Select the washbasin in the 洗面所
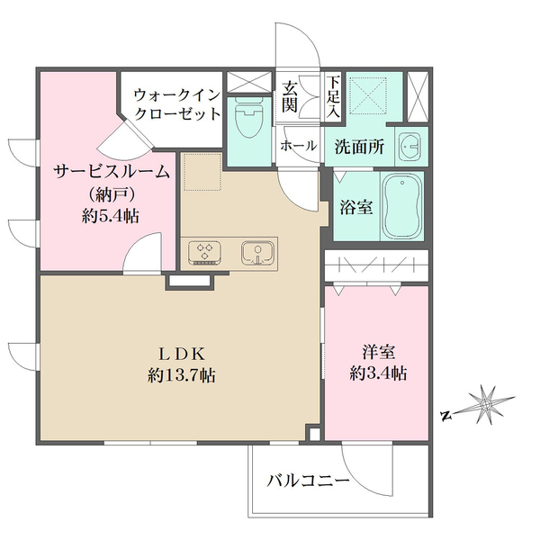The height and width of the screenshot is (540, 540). coord(409,145)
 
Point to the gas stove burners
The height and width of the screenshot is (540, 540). coord(204,252)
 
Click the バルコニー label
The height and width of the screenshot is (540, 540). coord(308,482)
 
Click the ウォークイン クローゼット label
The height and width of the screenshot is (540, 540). coord(177,103)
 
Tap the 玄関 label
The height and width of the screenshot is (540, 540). coord(291,96)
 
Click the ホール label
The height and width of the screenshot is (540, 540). coord(298,145)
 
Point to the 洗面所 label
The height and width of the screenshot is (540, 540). coord(360,145)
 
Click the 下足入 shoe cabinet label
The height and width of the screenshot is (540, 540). coord(333,97)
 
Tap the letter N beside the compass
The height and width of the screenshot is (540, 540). coord(445,415)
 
